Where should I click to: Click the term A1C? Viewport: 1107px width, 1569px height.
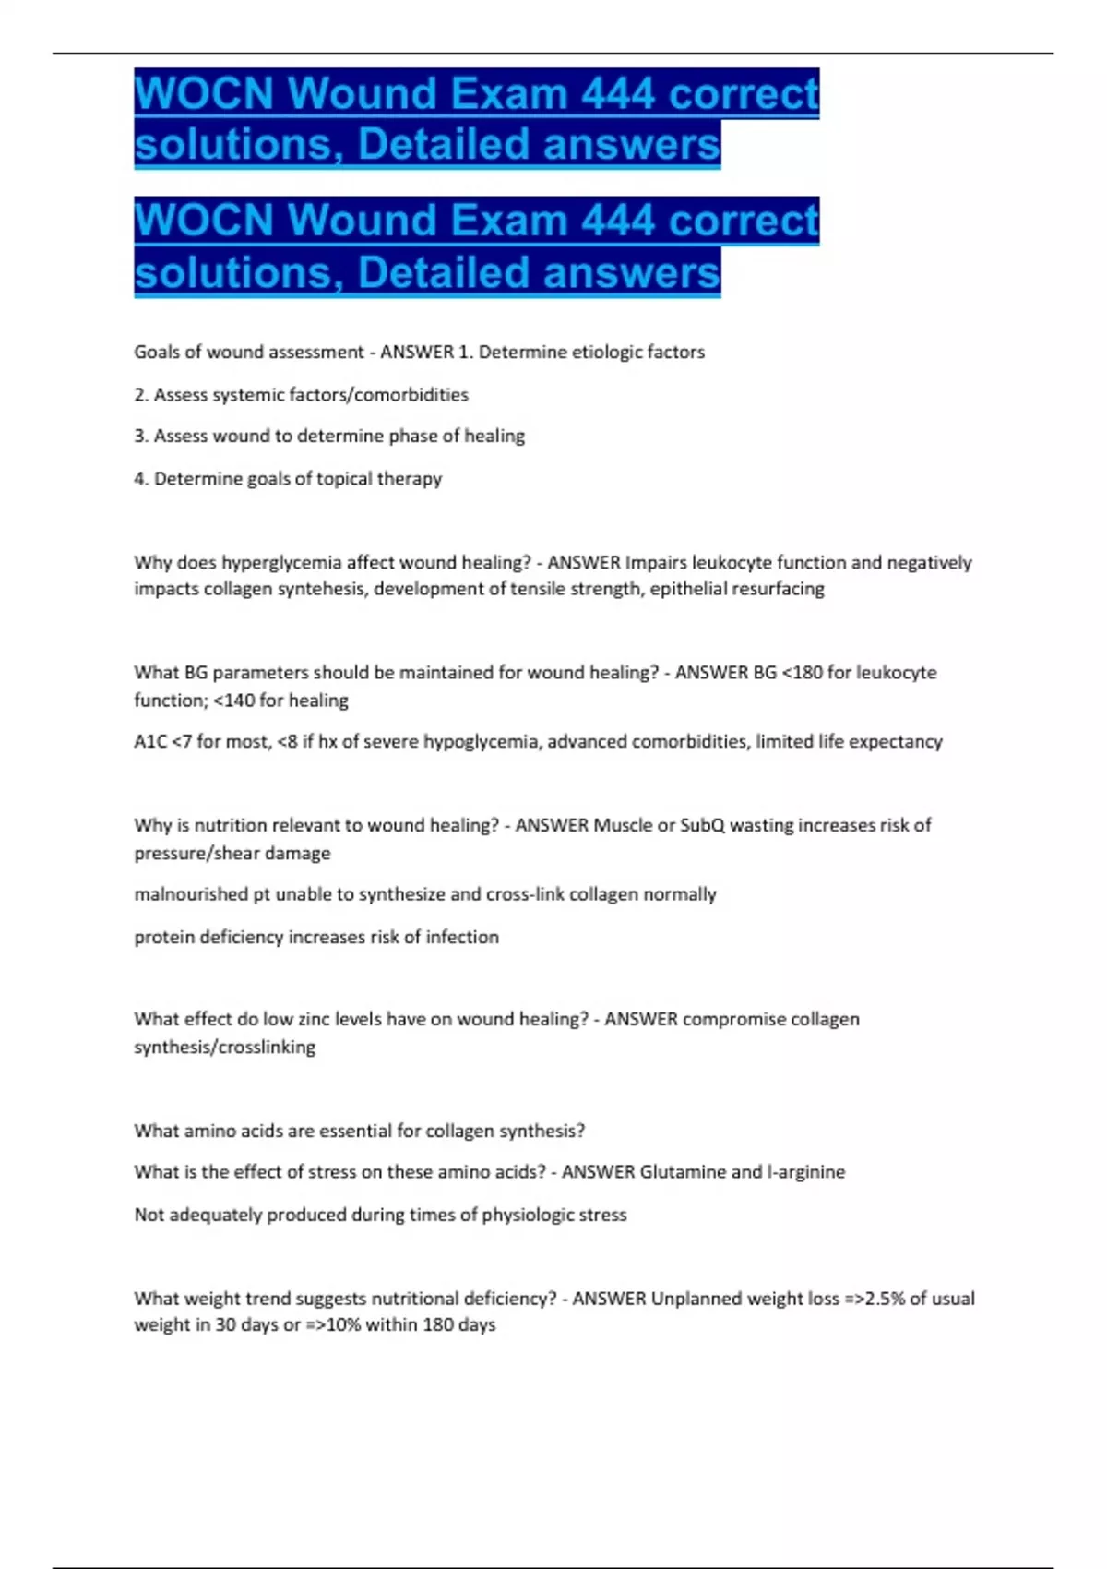[x=149, y=741]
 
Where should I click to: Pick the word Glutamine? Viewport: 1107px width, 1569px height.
[x=683, y=1172]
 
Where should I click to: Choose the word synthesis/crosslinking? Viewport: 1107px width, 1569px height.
[x=224, y=1048]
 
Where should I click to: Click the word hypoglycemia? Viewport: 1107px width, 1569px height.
[x=480, y=741]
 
